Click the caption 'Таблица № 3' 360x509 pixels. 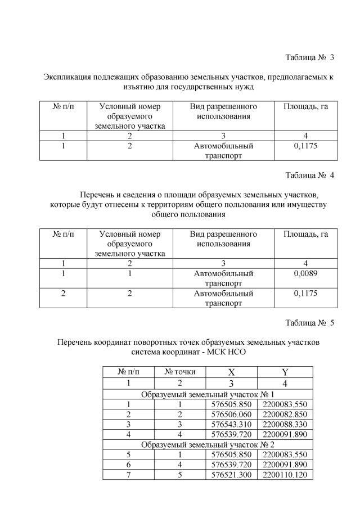point(310,57)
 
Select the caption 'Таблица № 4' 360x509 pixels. point(310,175)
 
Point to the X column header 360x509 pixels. point(231,372)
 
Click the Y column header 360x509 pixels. point(284,372)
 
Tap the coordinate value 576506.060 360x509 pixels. point(231,414)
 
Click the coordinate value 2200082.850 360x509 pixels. point(284,414)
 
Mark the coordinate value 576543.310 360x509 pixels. point(231,424)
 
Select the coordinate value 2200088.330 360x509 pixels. point(284,424)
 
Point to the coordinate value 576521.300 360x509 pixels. point(231,475)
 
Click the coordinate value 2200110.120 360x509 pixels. point(284,475)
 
